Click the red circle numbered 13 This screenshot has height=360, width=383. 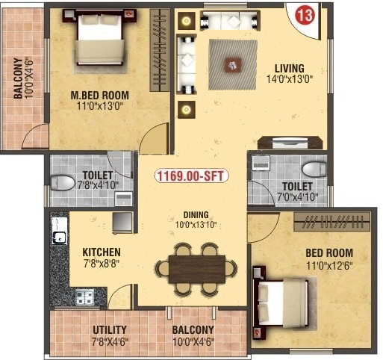(305, 16)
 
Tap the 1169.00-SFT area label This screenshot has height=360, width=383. (191, 176)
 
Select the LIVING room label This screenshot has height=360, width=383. (290, 69)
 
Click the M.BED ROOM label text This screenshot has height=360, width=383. (100, 96)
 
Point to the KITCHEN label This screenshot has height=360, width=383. (102, 252)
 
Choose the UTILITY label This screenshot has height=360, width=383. (110, 330)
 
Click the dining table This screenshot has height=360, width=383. (197, 269)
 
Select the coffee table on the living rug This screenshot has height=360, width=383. (233, 66)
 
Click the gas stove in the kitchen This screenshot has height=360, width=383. (84, 297)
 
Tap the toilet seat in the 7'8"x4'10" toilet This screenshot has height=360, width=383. (63, 183)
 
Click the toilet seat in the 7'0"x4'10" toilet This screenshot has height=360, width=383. (314, 170)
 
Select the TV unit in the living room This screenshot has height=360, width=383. (290, 143)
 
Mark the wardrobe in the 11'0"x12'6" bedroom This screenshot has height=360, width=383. (331, 222)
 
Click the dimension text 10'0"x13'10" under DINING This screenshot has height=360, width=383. (196, 225)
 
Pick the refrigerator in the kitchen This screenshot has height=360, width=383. (122, 223)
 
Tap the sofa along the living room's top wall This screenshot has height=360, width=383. (230, 20)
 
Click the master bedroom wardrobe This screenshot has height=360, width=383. (160, 50)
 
